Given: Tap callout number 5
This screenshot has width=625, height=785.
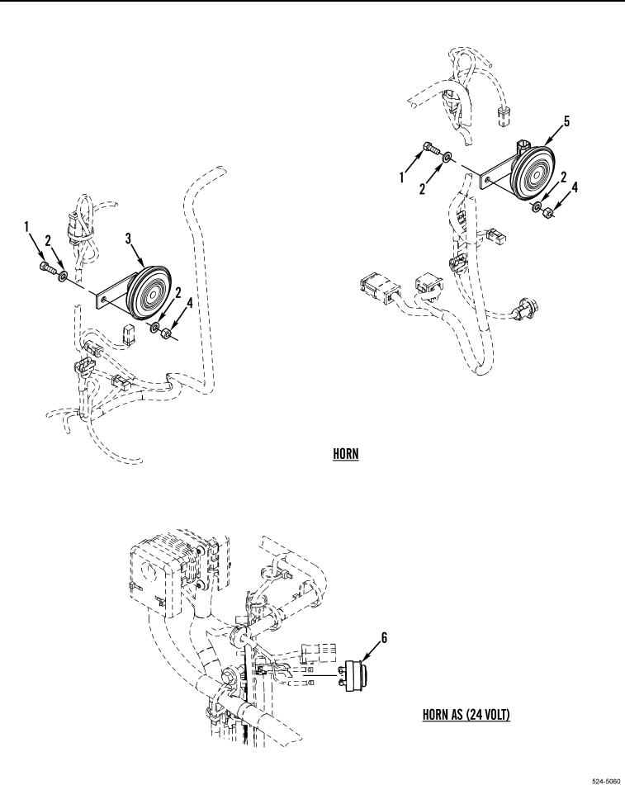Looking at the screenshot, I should pyautogui.click(x=566, y=121).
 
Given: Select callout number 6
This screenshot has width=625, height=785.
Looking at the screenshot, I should pyautogui.click(x=384, y=637).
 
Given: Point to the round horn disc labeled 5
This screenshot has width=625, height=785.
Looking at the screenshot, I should pyautogui.click(x=532, y=172).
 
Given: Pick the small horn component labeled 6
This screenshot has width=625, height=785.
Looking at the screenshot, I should pyautogui.click(x=357, y=675).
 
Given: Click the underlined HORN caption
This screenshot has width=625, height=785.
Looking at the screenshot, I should pyautogui.click(x=346, y=454).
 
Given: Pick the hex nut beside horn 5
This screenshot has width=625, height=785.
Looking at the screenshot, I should pyautogui.click(x=548, y=214).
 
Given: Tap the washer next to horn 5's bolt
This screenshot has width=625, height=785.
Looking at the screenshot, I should pyautogui.click(x=447, y=157).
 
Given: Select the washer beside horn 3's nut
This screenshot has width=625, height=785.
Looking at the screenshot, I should pyautogui.click(x=154, y=328).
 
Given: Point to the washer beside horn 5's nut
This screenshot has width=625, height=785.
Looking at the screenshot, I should pyautogui.click(x=537, y=207).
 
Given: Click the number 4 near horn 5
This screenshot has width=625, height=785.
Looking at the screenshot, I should pyautogui.click(x=575, y=187).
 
